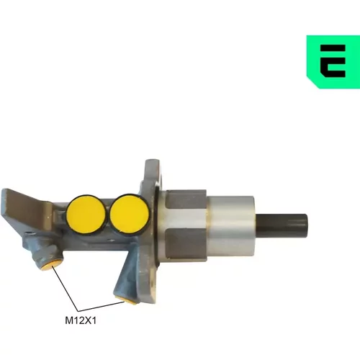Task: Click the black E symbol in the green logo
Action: tap(333, 61)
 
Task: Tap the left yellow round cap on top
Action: tap(86, 214)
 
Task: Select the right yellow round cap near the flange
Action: tap(129, 215)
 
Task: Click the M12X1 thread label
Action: tap(81, 320)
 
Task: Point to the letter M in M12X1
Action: tap(69, 320)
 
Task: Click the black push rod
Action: tap(282, 225)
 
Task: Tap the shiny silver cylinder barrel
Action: tap(230, 225)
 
